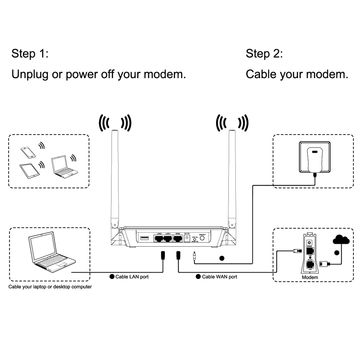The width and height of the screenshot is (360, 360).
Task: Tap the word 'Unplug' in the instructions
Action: point(32,74)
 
